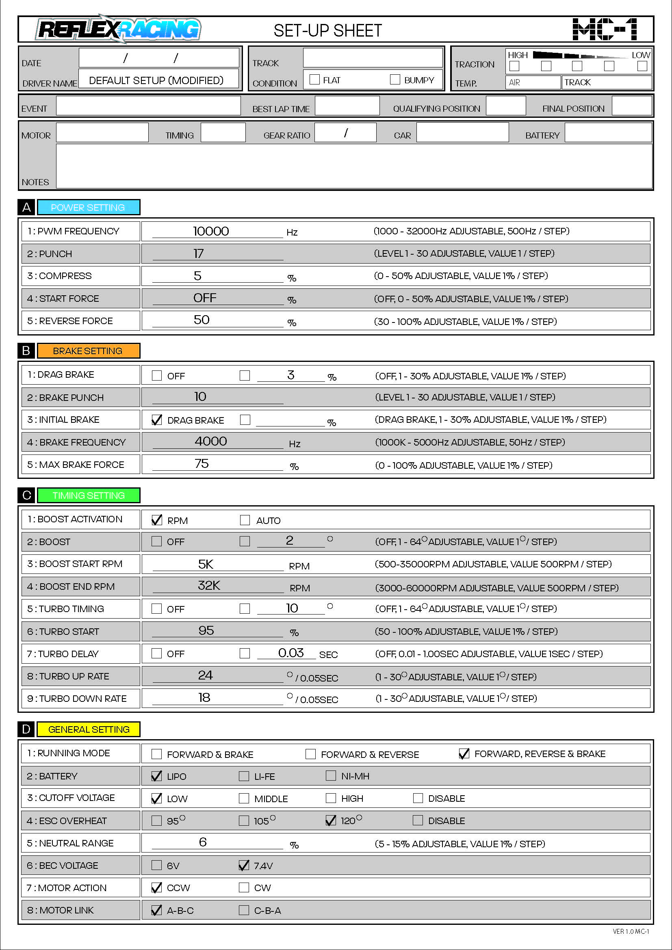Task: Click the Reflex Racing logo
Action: click(118, 29)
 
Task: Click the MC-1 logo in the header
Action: click(605, 29)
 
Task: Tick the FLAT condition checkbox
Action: click(314, 80)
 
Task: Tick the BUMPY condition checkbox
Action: click(395, 80)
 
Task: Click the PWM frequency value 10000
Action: click(210, 231)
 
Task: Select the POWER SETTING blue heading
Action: click(88, 207)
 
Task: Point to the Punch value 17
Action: click(199, 253)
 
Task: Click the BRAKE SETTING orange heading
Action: click(88, 351)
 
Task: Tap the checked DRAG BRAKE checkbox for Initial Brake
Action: click(157, 420)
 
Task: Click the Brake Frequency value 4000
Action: click(210, 441)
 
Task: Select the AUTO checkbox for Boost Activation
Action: click(245, 520)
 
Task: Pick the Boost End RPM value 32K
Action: click(209, 586)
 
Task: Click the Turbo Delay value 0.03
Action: click(291, 653)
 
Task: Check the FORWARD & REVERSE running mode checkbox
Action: click(310, 754)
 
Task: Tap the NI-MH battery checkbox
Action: click(331, 776)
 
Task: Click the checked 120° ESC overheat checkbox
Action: click(331, 820)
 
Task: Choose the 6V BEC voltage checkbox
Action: click(156, 865)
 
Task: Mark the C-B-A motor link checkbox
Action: click(244, 910)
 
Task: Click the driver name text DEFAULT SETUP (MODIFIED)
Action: click(156, 80)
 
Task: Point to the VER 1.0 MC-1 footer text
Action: click(631, 931)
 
